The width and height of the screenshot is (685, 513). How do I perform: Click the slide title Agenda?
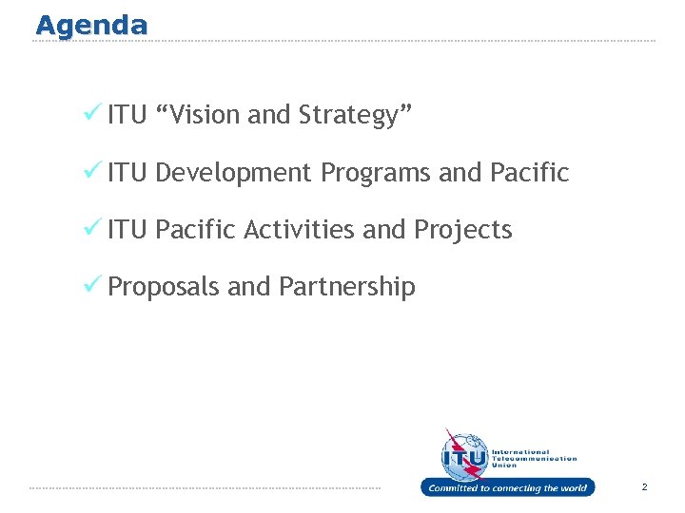(91, 25)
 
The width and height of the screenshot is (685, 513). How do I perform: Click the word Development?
(232, 173)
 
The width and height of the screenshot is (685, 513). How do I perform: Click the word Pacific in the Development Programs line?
(529, 173)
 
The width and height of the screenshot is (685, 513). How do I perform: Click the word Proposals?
(164, 287)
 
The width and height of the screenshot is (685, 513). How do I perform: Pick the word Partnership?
(347, 287)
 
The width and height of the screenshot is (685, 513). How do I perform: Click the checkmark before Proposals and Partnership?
(93, 284)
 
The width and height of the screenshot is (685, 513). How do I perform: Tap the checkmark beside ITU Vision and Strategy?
(93, 113)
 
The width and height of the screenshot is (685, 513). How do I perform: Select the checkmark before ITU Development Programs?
(93, 170)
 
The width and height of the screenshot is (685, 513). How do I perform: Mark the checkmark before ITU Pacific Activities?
(93, 227)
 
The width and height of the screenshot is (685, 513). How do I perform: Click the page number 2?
(644, 487)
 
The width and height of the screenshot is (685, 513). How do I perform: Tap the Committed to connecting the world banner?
(507, 487)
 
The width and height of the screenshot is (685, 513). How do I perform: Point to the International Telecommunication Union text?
(533, 458)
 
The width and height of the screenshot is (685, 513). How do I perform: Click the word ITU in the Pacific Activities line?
(127, 230)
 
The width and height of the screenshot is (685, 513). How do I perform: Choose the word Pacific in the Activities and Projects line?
(195, 230)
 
